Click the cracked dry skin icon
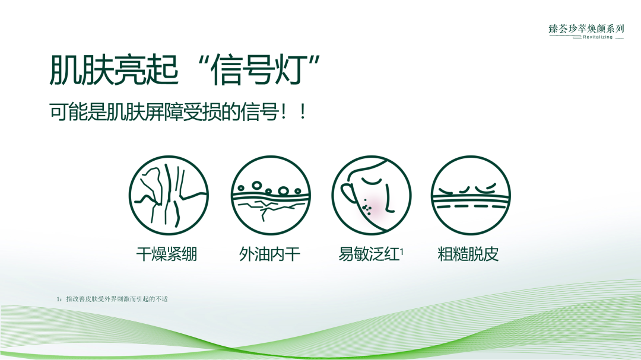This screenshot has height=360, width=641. [x=169, y=196]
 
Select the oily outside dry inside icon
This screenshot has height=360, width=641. [x=271, y=196]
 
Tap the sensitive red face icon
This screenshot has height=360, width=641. [x=371, y=196]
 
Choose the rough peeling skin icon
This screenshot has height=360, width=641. [x=471, y=196]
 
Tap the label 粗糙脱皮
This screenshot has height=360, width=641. [x=468, y=255]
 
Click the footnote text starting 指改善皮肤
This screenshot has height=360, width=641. [x=116, y=299]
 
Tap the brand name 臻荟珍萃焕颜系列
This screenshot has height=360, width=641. [x=586, y=28]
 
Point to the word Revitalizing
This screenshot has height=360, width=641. [x=597, y=37]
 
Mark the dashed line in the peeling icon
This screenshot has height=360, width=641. [x=471, y=206]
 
